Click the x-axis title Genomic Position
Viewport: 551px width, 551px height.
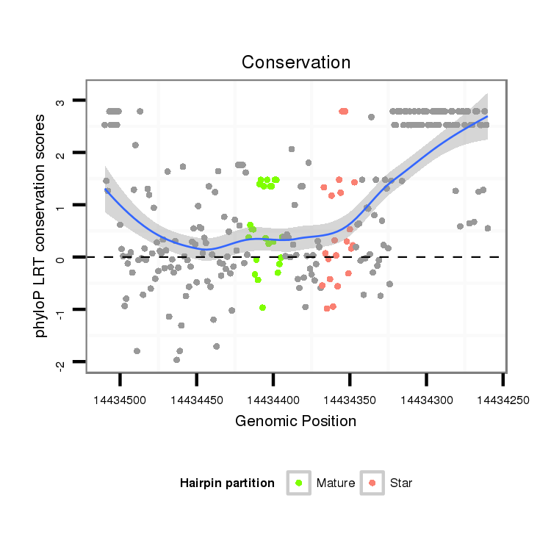(295, 421)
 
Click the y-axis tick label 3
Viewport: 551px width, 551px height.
(62, 101)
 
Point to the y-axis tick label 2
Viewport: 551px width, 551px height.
(62, 154)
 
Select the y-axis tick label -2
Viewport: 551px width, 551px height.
(62, 363)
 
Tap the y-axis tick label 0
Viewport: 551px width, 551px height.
(62, 258)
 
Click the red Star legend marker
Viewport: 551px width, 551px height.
(372, 483)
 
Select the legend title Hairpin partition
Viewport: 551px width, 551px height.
(227, 483)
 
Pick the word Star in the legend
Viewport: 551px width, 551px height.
(401, 483)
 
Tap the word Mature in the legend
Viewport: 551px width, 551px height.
(336, 483)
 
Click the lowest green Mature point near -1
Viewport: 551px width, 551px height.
(262, 308)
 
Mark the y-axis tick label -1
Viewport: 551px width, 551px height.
(62, 311)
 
